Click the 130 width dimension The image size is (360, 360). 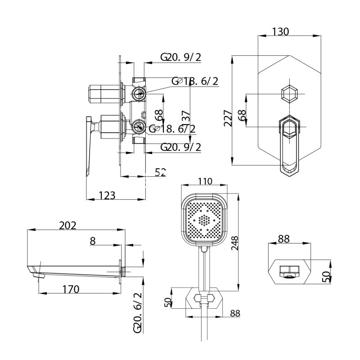280,32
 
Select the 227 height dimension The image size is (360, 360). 228,118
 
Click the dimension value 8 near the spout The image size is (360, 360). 93,241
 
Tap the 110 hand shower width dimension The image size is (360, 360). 205,181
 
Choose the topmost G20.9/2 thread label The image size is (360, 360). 181,57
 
